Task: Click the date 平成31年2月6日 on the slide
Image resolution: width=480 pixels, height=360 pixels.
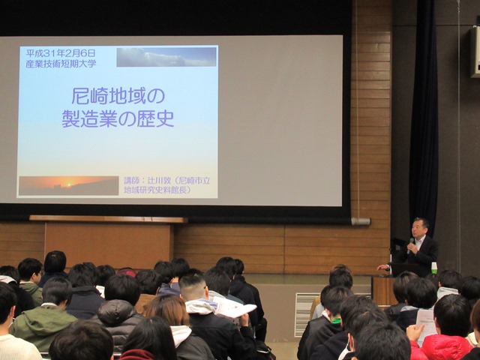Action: [61, 53]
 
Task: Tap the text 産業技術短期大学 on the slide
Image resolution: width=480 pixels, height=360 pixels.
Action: [61, 63]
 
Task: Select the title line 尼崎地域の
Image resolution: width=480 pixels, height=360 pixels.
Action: [118, 96]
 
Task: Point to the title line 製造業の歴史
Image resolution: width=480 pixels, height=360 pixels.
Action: [118, 118]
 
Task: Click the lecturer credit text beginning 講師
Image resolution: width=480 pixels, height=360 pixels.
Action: [167, 185]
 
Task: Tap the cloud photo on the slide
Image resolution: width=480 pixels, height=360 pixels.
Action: [166, 57]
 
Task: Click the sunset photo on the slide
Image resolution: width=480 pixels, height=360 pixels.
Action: [68, 185]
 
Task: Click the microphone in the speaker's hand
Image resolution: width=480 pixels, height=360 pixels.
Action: [410, 245]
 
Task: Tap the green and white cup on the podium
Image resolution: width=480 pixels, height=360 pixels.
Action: [434, 268]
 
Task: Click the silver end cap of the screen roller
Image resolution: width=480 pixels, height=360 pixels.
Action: [361, 221]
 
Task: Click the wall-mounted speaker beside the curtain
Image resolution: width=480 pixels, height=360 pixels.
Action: [475, 52]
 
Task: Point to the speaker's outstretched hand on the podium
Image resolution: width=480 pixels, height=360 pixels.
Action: [382, 267]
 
